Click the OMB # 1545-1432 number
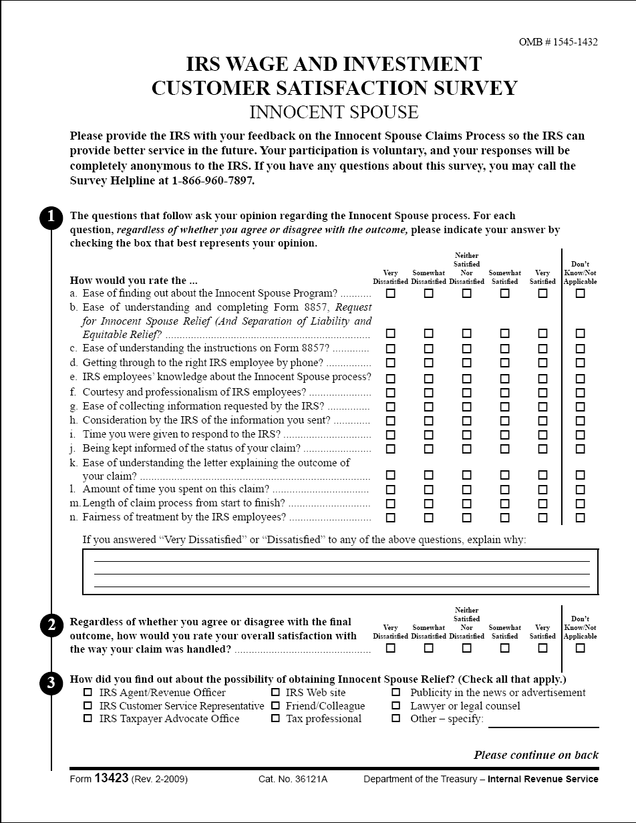pos(558,42)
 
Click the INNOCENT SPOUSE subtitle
pos(334,112)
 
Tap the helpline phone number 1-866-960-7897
pos(212,180)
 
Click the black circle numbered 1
pos(51,218)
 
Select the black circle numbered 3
pos(51,683)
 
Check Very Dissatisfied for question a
pos(391,293)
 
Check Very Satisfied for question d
pos(542,363)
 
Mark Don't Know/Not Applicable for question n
pos(581,518)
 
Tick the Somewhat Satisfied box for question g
pos(505,407)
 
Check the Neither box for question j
pos(467,449)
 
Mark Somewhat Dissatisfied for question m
pos(429,504)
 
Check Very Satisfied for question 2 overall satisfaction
pos(542,648)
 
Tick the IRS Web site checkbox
pos(275,693)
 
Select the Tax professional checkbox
pos(275,719)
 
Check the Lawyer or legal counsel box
pos(396,705)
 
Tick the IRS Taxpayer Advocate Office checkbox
pos(88,719)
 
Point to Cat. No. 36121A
pos(293,779)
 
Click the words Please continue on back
pos(536,755)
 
